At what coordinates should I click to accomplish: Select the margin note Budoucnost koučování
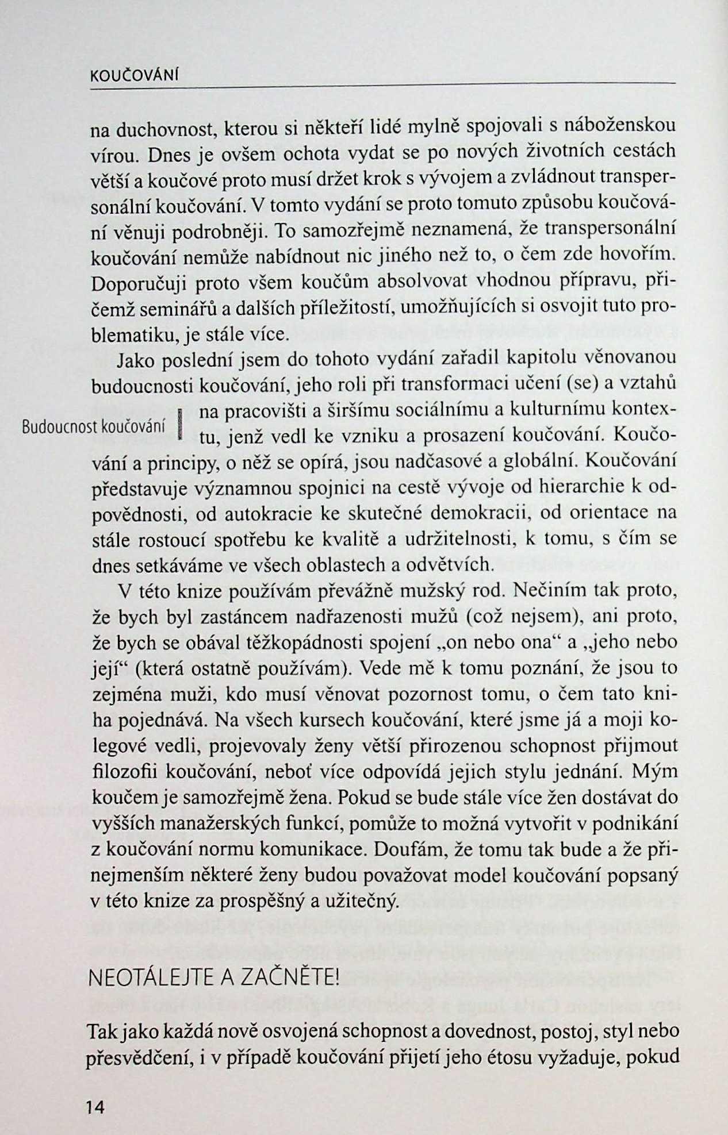pos(93,427)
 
